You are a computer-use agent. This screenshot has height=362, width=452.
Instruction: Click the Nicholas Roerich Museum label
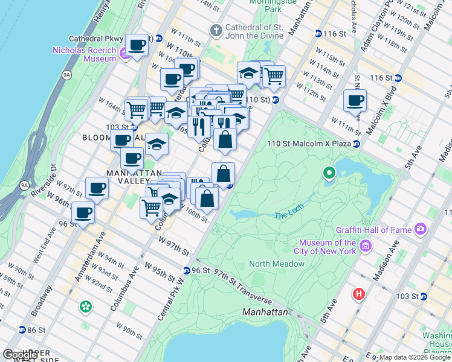coord(84,54)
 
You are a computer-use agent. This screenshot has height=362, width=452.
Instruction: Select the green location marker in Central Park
coord(329,174)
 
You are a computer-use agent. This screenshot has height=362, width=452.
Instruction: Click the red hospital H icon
coord(359,294)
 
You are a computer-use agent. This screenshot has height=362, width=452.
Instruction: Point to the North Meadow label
coord(277,264)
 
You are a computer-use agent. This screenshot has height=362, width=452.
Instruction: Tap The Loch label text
coord(288,215)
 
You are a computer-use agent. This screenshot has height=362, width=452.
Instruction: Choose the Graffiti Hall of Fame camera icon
coord(421,229)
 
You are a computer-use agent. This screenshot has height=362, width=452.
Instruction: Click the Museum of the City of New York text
coord(325,247)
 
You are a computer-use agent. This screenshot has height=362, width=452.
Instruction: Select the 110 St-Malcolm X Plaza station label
coord(309,144)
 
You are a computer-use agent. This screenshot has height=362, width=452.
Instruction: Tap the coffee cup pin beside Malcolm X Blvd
coord(355,100)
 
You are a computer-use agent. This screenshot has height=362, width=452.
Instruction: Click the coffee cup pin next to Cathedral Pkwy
coord(138,44)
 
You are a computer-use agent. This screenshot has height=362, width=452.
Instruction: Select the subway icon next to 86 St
coord(22,330)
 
